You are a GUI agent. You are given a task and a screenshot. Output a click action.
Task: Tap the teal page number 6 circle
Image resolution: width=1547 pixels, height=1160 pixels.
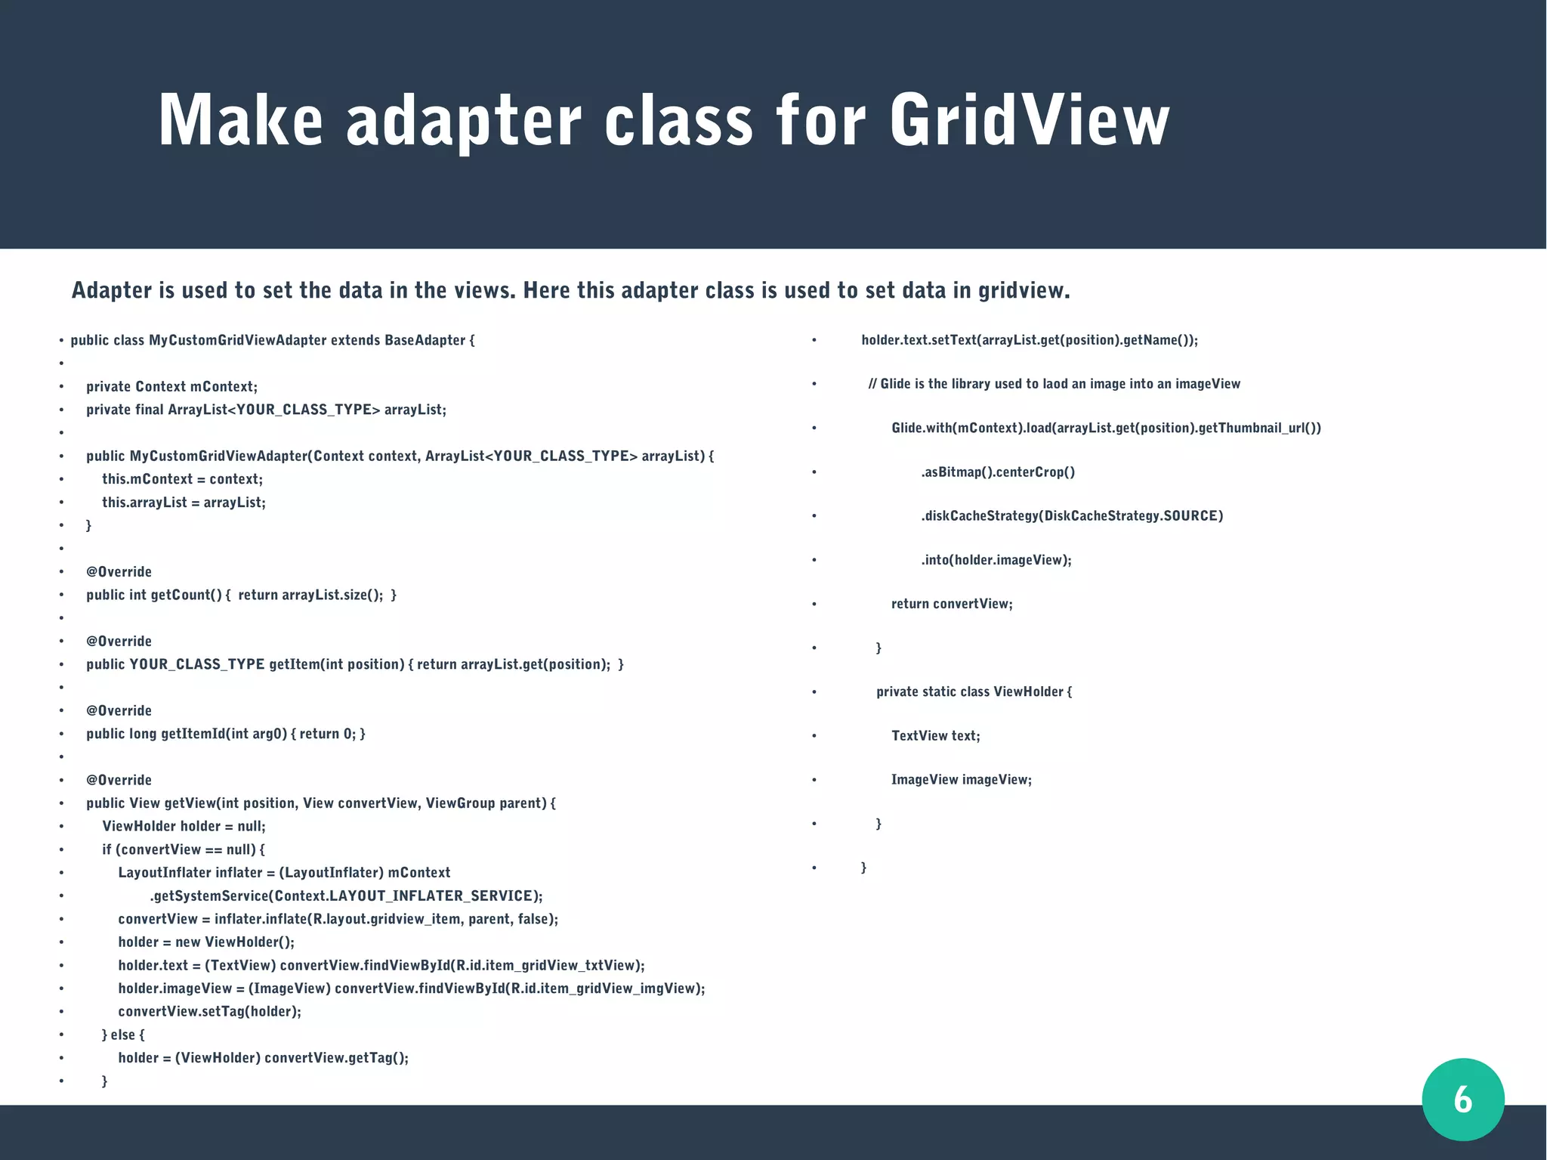[x=1462, y=1099]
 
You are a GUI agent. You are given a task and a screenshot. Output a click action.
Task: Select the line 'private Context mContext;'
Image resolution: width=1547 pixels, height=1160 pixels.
[x=171, y=387]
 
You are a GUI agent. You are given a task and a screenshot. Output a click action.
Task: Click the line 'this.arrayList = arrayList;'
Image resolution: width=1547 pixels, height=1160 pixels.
[x=184, y=503]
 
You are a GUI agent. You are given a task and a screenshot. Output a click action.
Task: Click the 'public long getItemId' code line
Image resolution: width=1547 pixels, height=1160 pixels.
[x=225, y=734]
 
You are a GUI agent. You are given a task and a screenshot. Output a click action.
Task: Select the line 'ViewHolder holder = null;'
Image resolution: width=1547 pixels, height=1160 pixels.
[x=184, y=826]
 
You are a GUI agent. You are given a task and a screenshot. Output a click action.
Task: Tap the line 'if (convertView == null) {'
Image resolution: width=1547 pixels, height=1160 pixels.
[x=184, y=849]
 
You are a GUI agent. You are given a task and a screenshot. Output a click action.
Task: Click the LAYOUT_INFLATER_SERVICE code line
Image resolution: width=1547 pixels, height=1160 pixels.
[x=346, y=896]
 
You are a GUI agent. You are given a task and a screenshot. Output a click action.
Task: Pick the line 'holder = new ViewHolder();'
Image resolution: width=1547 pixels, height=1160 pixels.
[x=206, y=942]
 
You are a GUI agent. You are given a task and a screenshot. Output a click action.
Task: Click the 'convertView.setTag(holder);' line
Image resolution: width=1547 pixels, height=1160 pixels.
[x=209, y=1012]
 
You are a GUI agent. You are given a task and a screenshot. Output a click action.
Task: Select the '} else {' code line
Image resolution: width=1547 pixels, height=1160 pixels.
[x=123, y=1035]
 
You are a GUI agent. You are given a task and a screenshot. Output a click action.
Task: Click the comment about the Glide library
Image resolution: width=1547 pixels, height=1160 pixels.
[x=1054, y=384]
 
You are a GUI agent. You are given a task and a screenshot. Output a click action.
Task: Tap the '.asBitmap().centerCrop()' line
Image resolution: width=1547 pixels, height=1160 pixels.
[x=997, y=472]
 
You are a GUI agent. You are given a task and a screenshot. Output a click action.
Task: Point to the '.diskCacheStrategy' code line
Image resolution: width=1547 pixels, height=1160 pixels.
[x=1071, y=516]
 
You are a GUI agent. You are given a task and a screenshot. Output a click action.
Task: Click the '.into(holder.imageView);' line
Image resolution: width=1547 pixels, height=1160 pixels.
[x=996, y=560]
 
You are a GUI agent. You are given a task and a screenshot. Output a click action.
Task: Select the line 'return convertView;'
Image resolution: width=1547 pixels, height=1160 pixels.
[x=952, y=604]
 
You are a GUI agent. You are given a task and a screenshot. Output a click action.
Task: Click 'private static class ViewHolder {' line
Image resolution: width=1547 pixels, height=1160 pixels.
[x=974, y=691]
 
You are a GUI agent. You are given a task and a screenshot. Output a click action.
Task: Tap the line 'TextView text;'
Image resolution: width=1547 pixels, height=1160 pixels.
[x=935, y=736]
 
